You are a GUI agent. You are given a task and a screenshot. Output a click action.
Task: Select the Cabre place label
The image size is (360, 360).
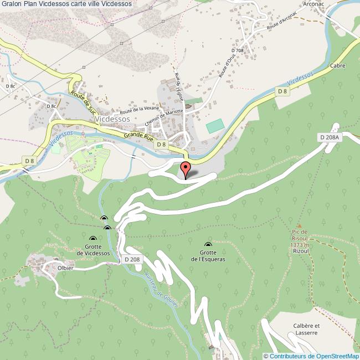[338, 65]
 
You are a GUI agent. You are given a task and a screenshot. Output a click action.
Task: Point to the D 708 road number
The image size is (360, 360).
[237, 50]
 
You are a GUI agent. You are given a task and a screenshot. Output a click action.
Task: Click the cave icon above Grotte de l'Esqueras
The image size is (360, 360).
[208, 245]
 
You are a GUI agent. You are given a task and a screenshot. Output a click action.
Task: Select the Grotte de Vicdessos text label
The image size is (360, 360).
[93, 250]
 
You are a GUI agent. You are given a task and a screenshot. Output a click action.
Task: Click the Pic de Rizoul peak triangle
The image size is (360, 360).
[300, 226]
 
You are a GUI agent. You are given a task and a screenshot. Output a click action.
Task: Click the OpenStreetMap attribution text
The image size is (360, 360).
[311, 356]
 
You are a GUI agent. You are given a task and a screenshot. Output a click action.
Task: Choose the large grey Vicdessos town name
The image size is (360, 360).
[112, 119]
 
